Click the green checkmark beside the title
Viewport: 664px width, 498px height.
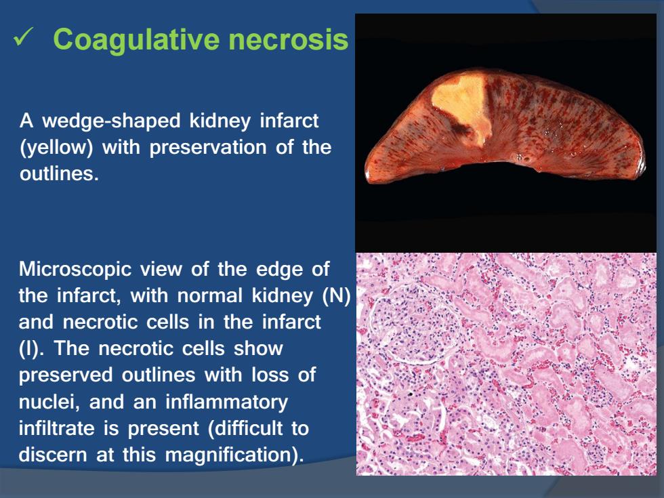(x=22, y=37)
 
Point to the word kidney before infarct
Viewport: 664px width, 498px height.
(x=220, y=121)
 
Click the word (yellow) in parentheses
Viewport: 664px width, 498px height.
(x=56, y=148)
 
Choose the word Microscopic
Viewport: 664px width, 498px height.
(x=75, y=270)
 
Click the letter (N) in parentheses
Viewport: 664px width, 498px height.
(x=336, y=295)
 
